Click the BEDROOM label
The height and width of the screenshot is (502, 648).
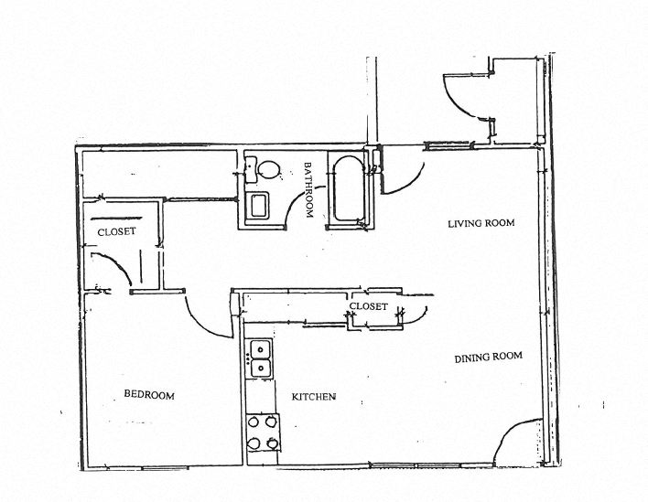click(148, 395)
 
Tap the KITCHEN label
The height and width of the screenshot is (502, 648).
click(314, 397)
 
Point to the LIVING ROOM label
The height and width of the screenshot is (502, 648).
click(481, 223)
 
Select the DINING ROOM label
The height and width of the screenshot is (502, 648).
click(488, 357)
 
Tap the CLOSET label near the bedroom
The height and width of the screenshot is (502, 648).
click(116, 231)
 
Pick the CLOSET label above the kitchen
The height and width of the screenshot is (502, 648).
click(370, 306)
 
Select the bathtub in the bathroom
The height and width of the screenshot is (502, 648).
click(347, 189)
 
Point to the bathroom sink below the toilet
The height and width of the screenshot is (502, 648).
click(258, 205)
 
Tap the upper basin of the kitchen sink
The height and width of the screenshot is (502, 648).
click(260, 349)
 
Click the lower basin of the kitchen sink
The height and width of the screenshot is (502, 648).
click(260, 368)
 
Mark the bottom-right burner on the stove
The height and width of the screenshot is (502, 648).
click(271, 443)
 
